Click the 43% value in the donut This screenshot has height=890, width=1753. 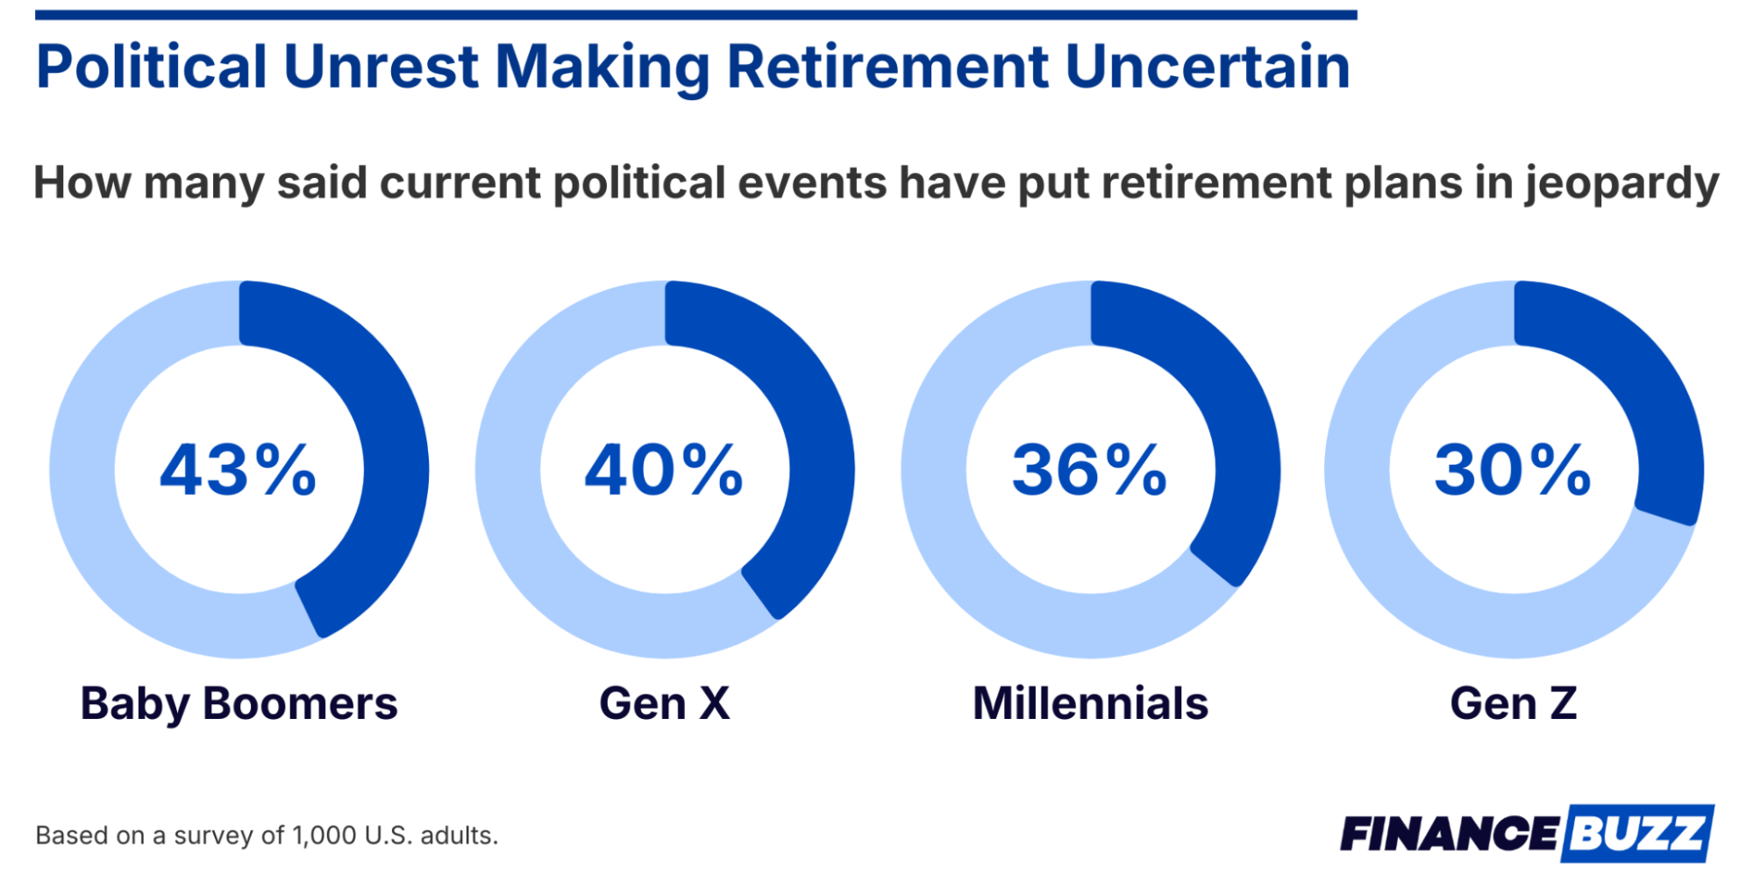click(238, 470)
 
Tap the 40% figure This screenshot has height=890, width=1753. click(664, 470)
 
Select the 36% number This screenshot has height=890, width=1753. click(1090, 470)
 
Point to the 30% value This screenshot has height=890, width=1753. click(1514, 470)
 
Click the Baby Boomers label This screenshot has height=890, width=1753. click(239, 704)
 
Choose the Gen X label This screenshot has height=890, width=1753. click(665, 703)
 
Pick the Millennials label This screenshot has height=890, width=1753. click(1091, 703)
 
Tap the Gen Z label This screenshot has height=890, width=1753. click(1514, 703)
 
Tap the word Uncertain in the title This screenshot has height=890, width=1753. click(1208, 67)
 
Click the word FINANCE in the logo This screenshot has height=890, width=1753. click(1449, 834)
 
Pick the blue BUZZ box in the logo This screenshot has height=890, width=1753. click(1637, 833)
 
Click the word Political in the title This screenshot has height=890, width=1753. click(152, 67)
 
